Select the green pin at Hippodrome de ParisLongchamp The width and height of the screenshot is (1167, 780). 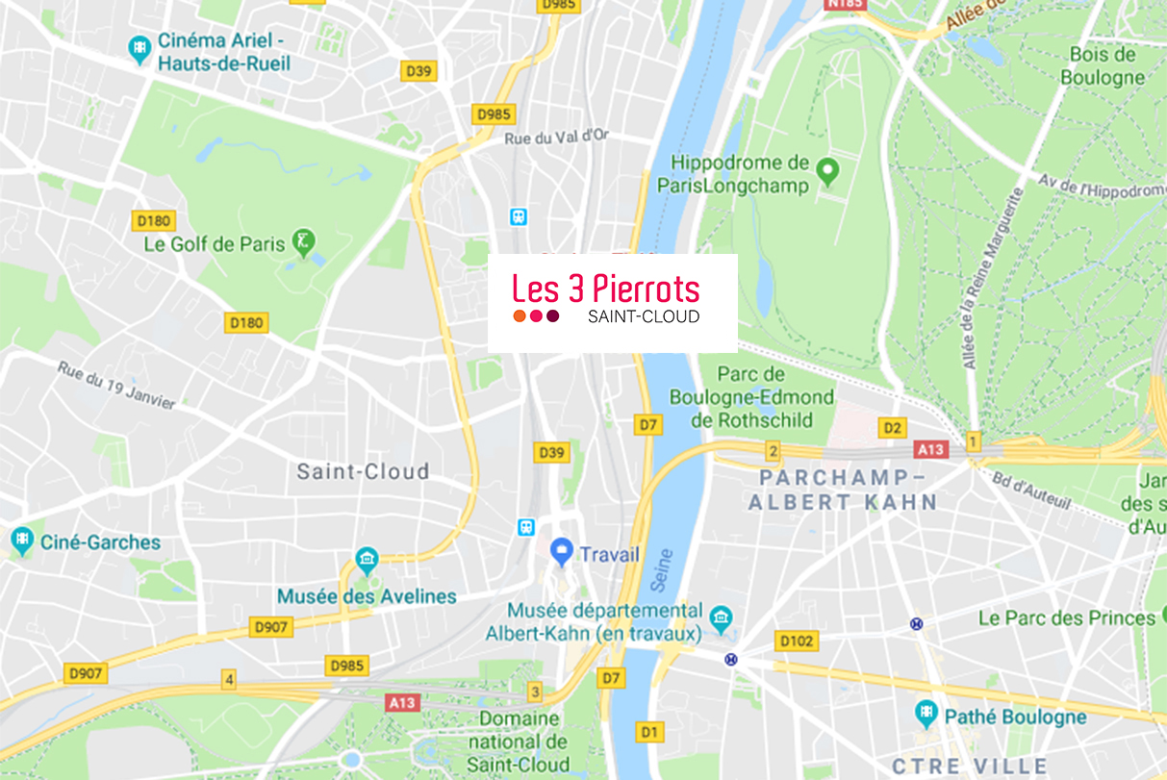[825, 174]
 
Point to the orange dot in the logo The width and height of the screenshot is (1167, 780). [520, 316]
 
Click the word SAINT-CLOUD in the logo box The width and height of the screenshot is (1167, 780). [643, 316]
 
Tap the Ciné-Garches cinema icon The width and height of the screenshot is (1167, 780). [21, 541]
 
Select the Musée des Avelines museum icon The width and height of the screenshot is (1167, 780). [367, 559]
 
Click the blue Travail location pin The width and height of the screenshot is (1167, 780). [561, 552]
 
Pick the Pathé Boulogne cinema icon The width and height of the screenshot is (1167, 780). [926, 714]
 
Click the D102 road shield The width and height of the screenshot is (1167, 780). [797, 641]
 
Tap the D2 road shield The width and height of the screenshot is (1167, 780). [893, 428]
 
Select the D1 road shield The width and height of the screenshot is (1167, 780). [650, 733]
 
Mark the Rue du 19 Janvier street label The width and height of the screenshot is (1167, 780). [116, 385]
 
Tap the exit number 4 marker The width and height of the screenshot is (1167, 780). [228, 679]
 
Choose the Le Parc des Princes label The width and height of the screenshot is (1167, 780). [1066, 617]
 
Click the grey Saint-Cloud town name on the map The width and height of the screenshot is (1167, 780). [363, 471]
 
